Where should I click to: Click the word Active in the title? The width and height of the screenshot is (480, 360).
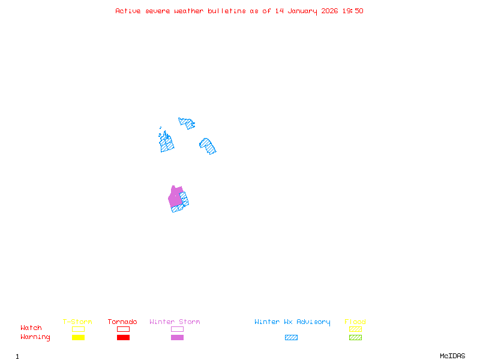(x=128, y=11)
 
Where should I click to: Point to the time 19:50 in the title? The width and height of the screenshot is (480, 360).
(x=353, y=11)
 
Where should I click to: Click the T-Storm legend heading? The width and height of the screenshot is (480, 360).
(x=77, y=322)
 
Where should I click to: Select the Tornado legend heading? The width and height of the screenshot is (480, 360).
(x=122, y=322)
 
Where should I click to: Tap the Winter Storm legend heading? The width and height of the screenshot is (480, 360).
(x=175, y=322)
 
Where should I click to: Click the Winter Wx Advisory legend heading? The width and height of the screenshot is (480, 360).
(x=292, y=322)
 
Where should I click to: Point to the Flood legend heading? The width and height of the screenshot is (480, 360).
(x=355, y=322)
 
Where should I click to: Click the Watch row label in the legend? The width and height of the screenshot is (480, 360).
(x=31, y=328)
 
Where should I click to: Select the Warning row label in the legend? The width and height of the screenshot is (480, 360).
(x=35, y=337)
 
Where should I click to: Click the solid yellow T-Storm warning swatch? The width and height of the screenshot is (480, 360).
(x=78, y=338)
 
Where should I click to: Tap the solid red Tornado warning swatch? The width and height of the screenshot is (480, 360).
(x=123, y=338)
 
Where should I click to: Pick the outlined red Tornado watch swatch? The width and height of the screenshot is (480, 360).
(x=123, y=329)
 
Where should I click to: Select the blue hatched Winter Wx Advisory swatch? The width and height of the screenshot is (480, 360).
(x=291, y=338)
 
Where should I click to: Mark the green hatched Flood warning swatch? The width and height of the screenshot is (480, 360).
(x=355, y=338)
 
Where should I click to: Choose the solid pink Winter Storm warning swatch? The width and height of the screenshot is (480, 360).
(x=177, y=338)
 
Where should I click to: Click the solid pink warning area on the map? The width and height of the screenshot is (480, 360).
(x=175, y=197)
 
